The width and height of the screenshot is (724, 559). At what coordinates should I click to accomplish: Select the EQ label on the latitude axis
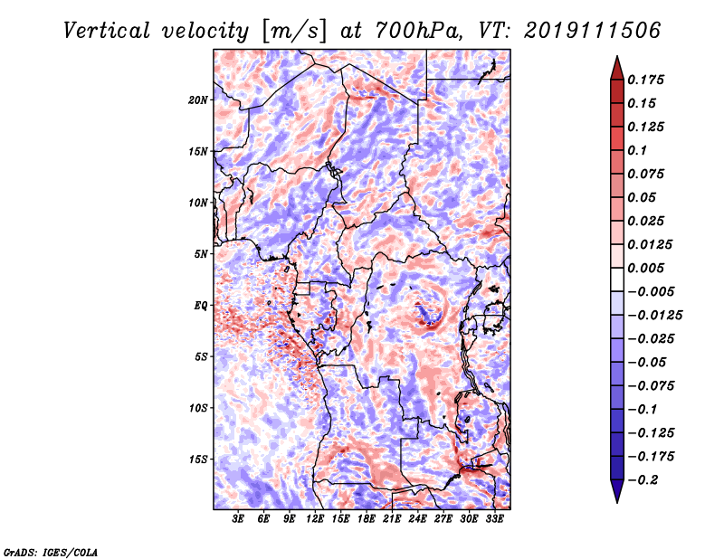tap(201, 306)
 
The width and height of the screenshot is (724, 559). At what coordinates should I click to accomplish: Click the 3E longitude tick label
tap(239, 519)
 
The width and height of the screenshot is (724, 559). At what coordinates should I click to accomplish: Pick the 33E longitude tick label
tap(494, 519)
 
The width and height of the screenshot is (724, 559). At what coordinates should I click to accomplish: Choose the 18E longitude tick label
tap(367, 519)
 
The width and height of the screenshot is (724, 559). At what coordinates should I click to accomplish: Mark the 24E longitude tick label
tap(417, 519)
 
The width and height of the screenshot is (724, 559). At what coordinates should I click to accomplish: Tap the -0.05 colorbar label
tap(649, 362)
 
